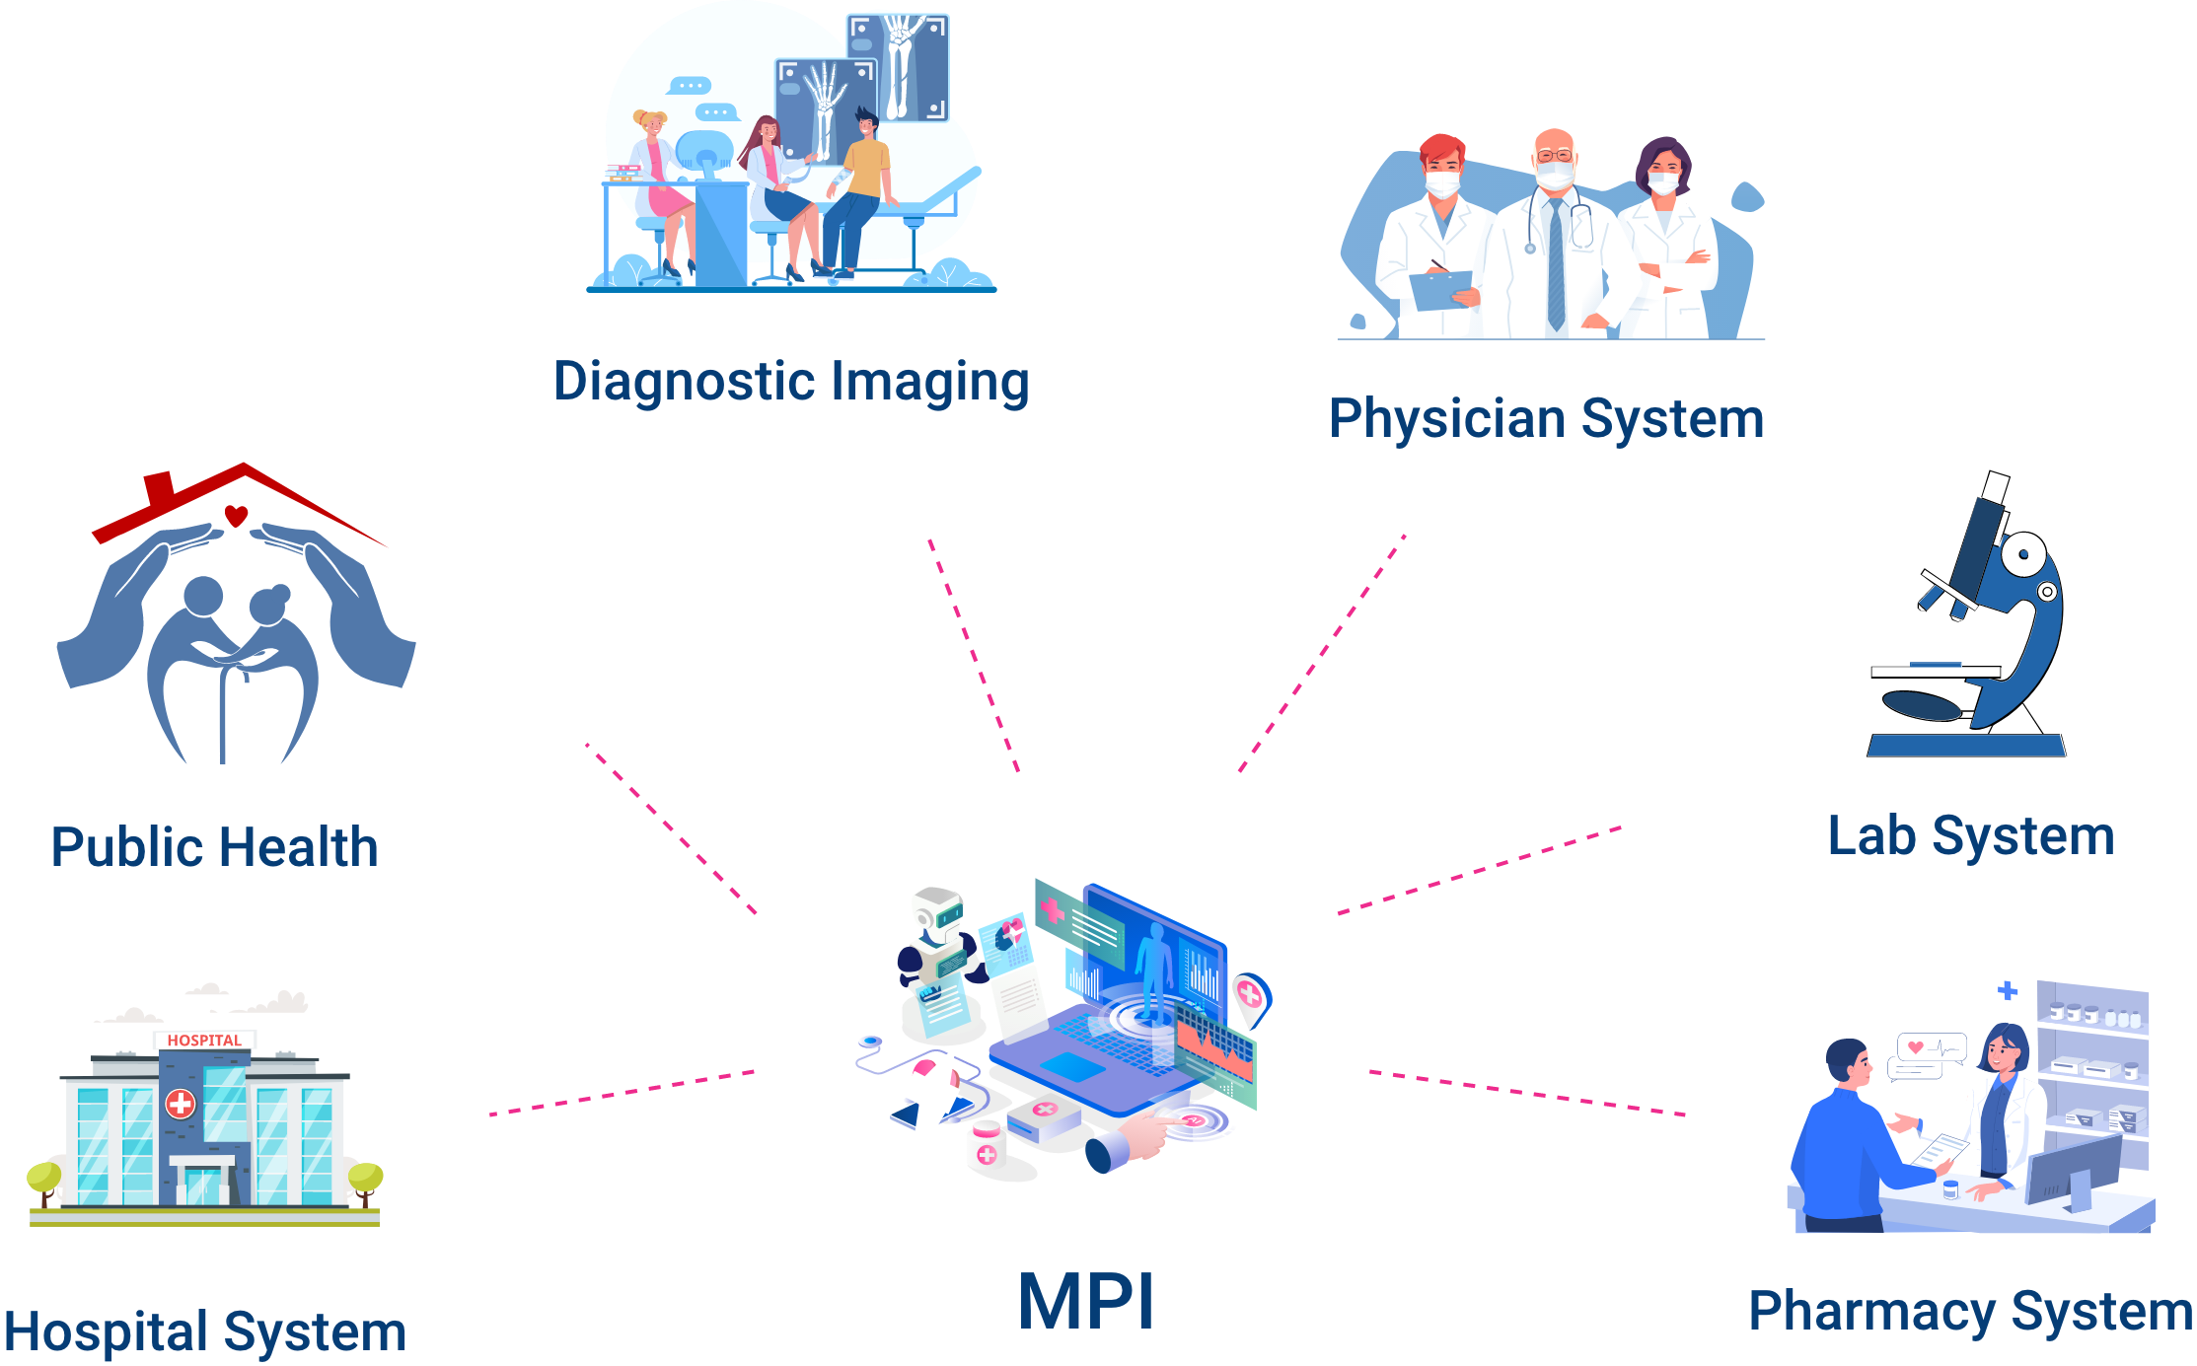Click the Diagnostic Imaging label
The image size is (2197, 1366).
click(x=791, y=383)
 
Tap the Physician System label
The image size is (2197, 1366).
click(x=1546, y=419)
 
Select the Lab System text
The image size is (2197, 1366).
click(x=1970, y=837)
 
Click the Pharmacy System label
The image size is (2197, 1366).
click(x=1969, y=1313)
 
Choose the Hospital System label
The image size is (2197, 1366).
click(x=206, y=1332)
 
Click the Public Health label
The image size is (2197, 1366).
click(x=215, y=847)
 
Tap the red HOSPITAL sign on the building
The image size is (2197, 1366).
click(x=204, y=1041)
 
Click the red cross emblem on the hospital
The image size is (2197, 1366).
click(x=181, y=1103)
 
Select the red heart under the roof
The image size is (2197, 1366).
click(x=236, y=515)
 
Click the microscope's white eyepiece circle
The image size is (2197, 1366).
click(x=2022, y=555)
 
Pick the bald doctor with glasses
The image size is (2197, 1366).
click(x=1554, y=237)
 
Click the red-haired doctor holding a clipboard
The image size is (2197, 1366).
click(x=1438, y=237)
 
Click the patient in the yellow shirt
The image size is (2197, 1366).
click(x=860, y=187)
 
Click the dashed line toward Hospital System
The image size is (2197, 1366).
click(x=622, y=1093)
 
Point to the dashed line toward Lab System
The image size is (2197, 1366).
click(x=1480, y=871)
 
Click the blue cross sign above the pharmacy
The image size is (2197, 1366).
click(x=2007, y=990)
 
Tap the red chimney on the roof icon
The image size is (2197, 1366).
click(x=159, y=488)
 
